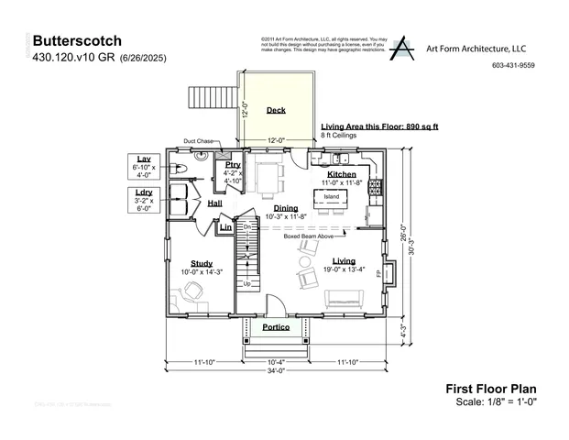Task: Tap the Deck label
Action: pos(276,110)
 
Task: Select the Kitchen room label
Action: pos(342,173)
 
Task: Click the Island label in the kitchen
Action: pos(331,195)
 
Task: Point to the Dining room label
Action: pos(285,208)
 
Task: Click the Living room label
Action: pos(344,260)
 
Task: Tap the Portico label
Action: pos(276,327)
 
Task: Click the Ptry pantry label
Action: pos(233,165)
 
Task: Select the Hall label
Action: pos(214,203)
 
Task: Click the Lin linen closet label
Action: pos(225,227)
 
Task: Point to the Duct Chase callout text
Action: pos(199,141)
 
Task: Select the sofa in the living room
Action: pos(344,299)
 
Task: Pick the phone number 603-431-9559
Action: pos(513,65)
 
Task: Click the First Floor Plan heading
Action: pos(483,389)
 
